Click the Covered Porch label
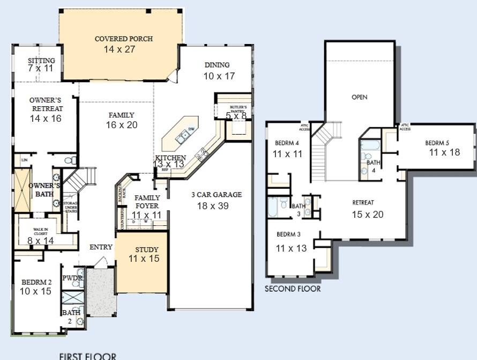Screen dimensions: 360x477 point(123,39)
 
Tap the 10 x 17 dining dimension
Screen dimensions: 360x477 point(219,77)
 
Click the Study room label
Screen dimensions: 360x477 point(146,249)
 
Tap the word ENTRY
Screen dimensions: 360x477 point(101,247)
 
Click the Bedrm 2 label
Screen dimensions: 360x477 point(35,282)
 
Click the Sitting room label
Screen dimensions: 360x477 point(41,61)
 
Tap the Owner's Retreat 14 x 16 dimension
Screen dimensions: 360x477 point(45,119)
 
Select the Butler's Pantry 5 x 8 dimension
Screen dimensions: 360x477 point(236,115)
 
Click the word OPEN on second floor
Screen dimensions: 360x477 point(359,98)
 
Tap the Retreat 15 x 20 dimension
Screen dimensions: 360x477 point(368,214)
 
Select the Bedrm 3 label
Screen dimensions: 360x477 point(288,234)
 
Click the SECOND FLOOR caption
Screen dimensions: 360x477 point(293,289)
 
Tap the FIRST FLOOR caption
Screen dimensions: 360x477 point(87,355)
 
